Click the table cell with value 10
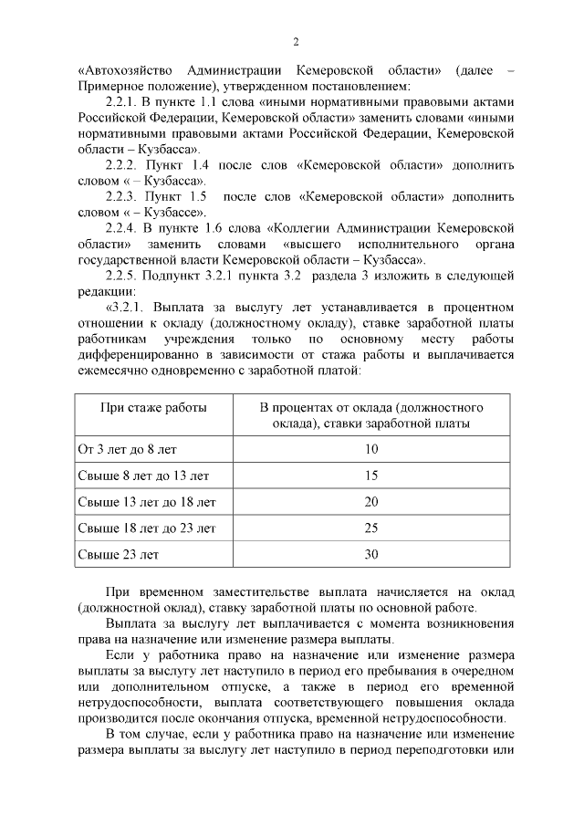pos(371,449)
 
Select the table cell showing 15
pos(371,476)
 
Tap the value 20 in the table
pos(371,502)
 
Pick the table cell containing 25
pos(371,528)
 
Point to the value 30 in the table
pos(371,554)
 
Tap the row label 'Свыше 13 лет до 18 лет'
pos(147,502)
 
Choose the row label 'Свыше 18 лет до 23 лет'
pos(147,528)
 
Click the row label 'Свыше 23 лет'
pos(119,554)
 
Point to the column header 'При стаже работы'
pos(153,407)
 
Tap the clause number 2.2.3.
pos(121,196)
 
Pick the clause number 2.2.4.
pos(121,227)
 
